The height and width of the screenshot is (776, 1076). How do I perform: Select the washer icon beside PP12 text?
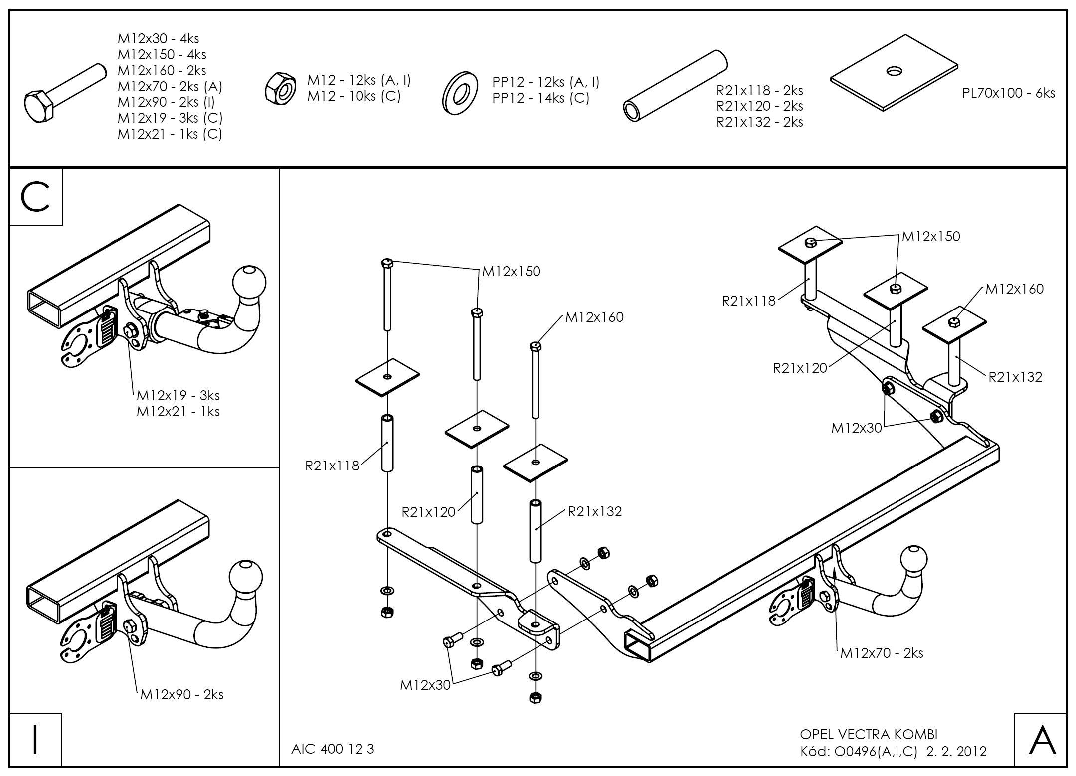click(458, 92)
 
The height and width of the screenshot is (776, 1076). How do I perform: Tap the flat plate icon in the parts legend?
click(894, 72)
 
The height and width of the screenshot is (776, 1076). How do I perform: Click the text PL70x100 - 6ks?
click(1008, 93)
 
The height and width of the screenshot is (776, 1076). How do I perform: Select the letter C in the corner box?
click(35, 197)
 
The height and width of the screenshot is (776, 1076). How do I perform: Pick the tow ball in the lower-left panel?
click(245, 577)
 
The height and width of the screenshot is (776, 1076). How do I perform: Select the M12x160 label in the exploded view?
click(594, 317)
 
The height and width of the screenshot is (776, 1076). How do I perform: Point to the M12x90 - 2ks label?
click(181, 694)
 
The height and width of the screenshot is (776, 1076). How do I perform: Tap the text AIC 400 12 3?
click(333, 749)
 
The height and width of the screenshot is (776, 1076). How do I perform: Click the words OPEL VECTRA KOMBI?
click(869, 734)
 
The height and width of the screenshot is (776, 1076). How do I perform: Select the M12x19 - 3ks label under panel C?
click(178, 395)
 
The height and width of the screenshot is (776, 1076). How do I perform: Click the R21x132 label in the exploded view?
click(595, 511)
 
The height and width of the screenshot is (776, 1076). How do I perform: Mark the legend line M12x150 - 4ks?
click(162, 54)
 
